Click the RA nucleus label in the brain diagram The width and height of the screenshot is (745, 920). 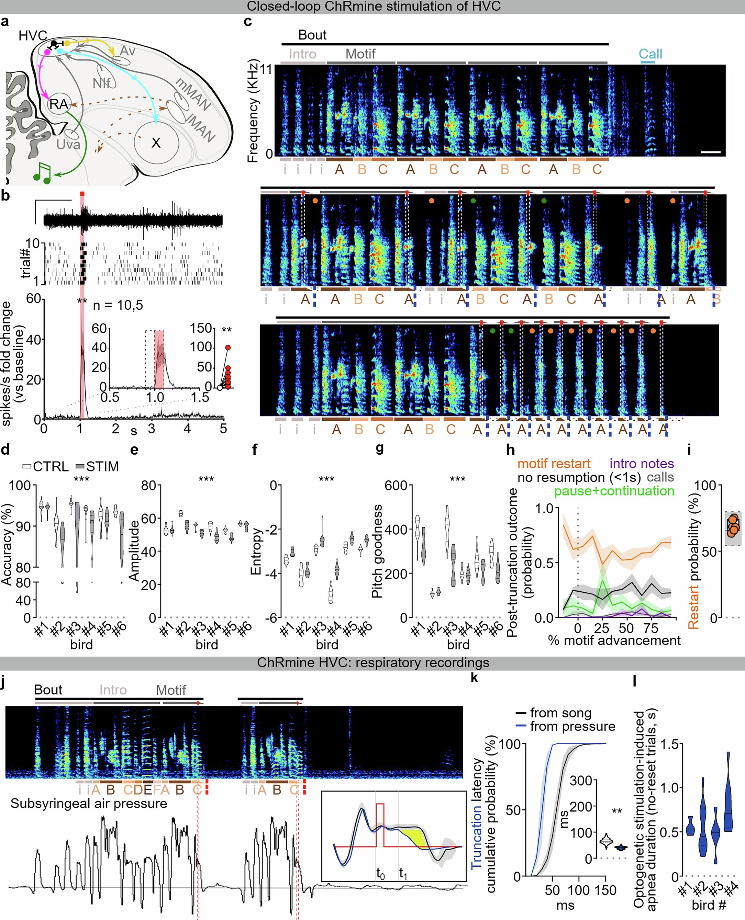tap(58, 104)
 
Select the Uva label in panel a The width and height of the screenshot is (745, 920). tap(68, 145)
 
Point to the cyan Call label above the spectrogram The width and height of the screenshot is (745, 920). tap(650, 54)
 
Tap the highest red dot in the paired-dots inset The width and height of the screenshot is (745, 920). tap(228, 348)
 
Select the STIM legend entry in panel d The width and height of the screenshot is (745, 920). tap(97, 466)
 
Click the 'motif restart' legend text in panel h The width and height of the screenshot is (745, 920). tap(554, 464)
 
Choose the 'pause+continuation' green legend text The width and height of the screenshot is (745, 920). tap(614, 491)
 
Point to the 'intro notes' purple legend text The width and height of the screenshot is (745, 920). tap(642, 464)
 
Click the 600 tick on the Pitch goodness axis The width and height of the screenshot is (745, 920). tap(395, 486)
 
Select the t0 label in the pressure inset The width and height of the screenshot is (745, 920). tap(380, 873)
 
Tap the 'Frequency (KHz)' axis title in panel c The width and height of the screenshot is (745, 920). tap(253, 112)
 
